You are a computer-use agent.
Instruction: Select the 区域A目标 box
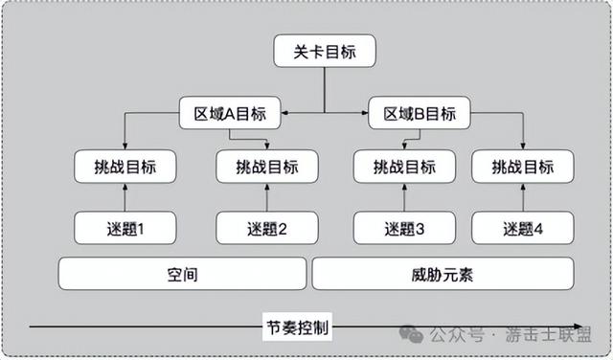click(230, 114)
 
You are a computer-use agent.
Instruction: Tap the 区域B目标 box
click(420, 114)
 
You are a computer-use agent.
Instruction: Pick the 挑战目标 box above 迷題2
click(267, 167)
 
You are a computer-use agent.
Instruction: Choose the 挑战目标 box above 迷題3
click(404, 167)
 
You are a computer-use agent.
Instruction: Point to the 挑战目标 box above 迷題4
click(523, 167)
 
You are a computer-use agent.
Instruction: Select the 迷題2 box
click(267, 228)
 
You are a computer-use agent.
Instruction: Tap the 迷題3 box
click(404, 228)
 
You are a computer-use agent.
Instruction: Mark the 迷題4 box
click(523, 228)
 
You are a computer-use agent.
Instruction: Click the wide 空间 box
click(182, 275)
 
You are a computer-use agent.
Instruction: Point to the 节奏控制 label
click(297, 326)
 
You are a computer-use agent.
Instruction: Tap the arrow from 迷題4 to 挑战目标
click(523, 197)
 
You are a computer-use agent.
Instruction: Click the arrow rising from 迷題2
click(267, 197)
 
